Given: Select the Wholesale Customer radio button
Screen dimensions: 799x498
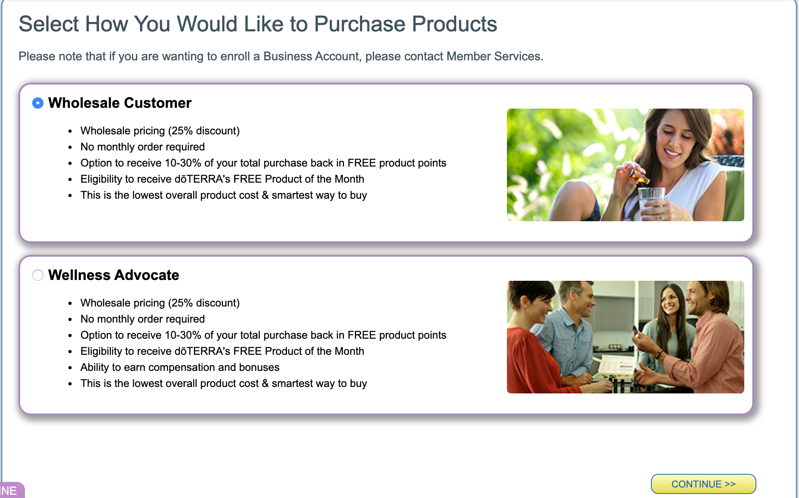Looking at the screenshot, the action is tap(38, 103).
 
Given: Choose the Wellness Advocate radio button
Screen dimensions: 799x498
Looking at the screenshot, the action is tap(38, 275).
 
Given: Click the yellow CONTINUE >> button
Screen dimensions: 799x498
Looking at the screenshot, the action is tap(703, 484).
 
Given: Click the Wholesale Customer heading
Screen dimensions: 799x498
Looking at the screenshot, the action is tap(120, 103).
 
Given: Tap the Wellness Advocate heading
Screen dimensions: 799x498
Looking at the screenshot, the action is tap(114, 275).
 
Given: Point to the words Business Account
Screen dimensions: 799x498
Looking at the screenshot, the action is tap(311, 56).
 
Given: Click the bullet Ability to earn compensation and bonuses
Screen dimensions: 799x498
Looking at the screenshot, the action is tap(180, 367).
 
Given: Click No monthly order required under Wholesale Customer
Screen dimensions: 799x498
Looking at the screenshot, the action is tap(142, 147).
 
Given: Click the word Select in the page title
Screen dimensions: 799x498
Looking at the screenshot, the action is tap(49, 24).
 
